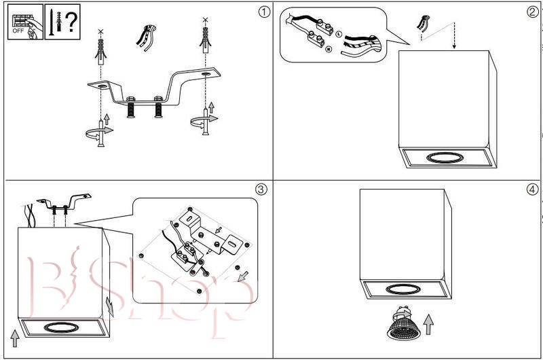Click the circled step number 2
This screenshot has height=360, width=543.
[532, 12]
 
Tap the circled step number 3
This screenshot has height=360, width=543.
[261, 189]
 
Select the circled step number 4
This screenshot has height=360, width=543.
[531, 189]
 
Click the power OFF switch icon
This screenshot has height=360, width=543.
[24, 23]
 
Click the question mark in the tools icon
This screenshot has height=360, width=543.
[71, 23]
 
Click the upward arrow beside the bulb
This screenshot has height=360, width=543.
[428, 324]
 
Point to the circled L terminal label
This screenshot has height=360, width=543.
[338, 33]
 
